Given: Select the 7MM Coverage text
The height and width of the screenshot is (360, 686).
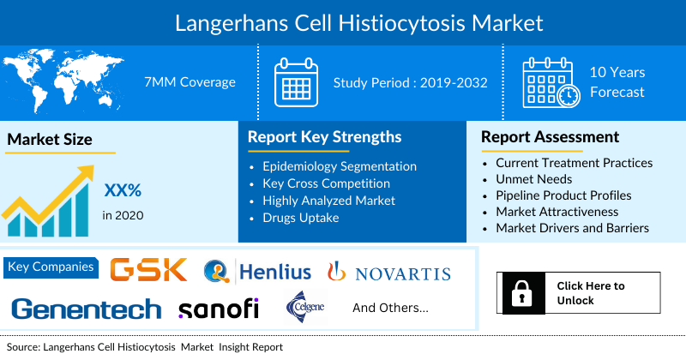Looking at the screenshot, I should (190, 82).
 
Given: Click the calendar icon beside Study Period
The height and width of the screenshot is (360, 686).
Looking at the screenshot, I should (296, 82).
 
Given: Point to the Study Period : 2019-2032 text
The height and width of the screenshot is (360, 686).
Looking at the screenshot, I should (411, 83).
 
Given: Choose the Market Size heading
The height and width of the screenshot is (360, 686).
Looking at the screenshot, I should (50, 139).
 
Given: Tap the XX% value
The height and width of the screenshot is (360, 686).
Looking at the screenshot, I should (122, 189).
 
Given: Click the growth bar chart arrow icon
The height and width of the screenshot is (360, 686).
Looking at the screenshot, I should (47, 201).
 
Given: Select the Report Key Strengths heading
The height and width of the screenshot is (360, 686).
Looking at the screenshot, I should (324, 136).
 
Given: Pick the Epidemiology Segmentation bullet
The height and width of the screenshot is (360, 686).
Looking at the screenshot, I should (340, 166).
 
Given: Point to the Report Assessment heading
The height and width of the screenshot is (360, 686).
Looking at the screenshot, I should (550, 136).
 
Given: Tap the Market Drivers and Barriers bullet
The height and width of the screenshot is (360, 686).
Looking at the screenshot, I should (572, 228).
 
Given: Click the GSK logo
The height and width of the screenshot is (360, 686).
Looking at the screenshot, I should (148, 269).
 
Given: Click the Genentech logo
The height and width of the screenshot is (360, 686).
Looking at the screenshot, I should (87, 309).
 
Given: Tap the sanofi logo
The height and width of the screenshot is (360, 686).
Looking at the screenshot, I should (218, 309).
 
